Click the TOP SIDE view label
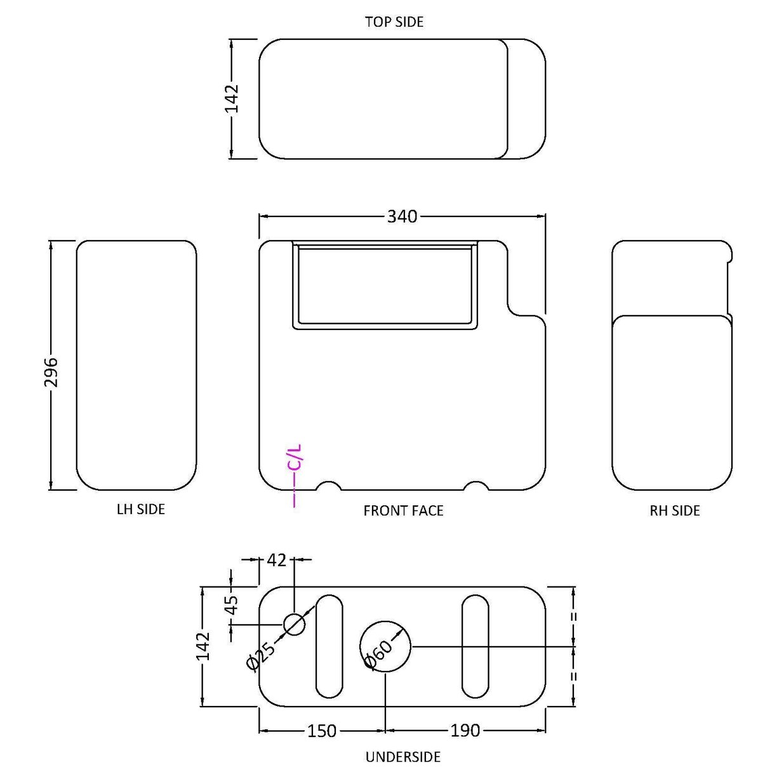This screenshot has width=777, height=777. [394, 22]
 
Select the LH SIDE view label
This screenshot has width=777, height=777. [140, 509]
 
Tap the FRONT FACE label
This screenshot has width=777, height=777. [403, 510]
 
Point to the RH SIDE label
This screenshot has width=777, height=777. [674, 510]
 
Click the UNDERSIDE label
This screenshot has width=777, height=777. [402, 757]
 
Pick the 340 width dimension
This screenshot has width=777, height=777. [402, 216]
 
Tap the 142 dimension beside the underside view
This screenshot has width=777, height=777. [203, 646]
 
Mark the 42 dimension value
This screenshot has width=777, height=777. [277, 560]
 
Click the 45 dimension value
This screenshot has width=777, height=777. [232, 604]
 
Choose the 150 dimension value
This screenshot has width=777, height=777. [322, 731]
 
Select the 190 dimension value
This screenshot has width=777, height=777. [465, 731]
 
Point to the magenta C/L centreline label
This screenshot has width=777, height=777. [295, 457]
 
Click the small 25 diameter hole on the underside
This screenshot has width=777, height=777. [294, 625]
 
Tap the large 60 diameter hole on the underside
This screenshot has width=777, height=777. [385, 646]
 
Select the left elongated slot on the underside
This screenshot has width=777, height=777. [329, 646]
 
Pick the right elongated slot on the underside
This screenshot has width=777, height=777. [475, 646]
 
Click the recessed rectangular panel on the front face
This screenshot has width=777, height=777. [385, 286]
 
